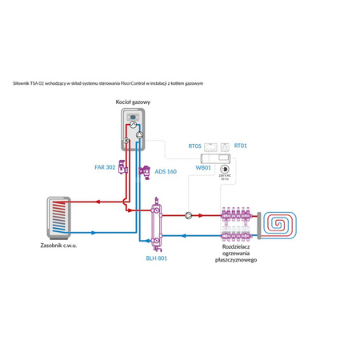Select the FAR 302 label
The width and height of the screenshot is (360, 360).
(106, 167)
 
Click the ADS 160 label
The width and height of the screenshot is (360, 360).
(166, 170)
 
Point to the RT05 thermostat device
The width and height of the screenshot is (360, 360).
(210, 146)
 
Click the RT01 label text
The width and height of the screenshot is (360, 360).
(241, 146)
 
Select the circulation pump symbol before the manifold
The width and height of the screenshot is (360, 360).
(188, 214)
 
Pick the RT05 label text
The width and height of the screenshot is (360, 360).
(194, 146)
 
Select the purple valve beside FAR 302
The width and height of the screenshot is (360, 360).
(122, 168)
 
